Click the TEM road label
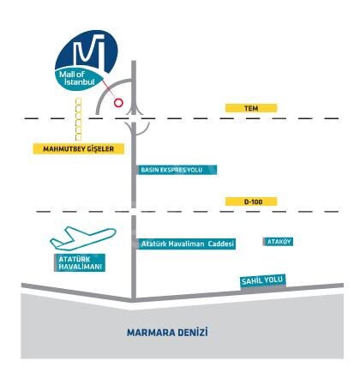251,108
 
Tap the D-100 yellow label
251,202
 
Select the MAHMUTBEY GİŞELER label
79,148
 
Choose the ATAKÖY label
278,242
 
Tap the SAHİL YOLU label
263,280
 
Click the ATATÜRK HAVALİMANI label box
80,262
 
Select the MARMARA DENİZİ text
167,333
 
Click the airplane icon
83,238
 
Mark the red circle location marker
118,102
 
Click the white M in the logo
89,51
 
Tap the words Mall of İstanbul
76,78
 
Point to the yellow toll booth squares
78,119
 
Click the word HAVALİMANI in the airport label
81,268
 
